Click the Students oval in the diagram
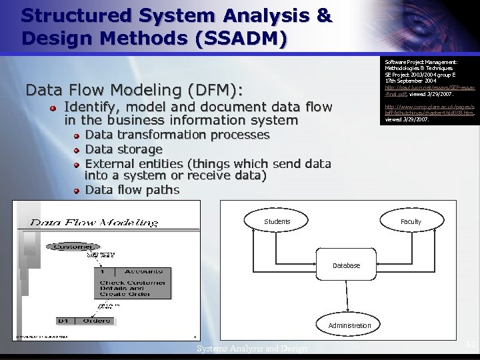277,221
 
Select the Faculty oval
411,221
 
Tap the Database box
346,265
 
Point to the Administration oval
349,325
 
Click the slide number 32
470,345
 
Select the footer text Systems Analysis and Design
252,349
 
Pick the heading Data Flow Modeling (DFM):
134,89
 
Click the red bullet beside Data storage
77,150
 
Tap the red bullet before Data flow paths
77,191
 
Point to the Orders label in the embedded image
96,321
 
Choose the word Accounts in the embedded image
143,271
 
